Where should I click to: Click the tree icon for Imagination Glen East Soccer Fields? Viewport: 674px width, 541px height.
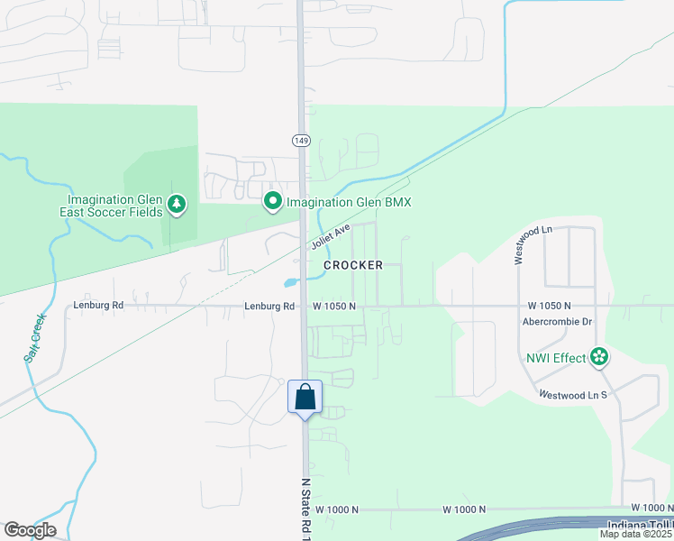coord(178,205)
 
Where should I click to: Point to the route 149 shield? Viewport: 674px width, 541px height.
coord(301,141)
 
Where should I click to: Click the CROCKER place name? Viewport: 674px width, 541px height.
coord(353,265)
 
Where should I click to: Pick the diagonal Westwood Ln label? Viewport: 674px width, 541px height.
coord(533,244)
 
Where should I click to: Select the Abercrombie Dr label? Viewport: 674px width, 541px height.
coord(556,321)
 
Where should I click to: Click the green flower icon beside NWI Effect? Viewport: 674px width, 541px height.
coord(597,358)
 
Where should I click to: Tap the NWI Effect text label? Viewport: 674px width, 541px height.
coord(556,358)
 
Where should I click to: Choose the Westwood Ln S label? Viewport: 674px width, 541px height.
coord(573,395)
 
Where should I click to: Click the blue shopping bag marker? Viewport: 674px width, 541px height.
coord(305,397)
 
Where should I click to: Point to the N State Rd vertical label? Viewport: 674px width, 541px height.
coord(305,506)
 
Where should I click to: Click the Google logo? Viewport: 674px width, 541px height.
coord(30,529)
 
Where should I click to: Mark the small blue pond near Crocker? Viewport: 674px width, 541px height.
coord(290,282)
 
